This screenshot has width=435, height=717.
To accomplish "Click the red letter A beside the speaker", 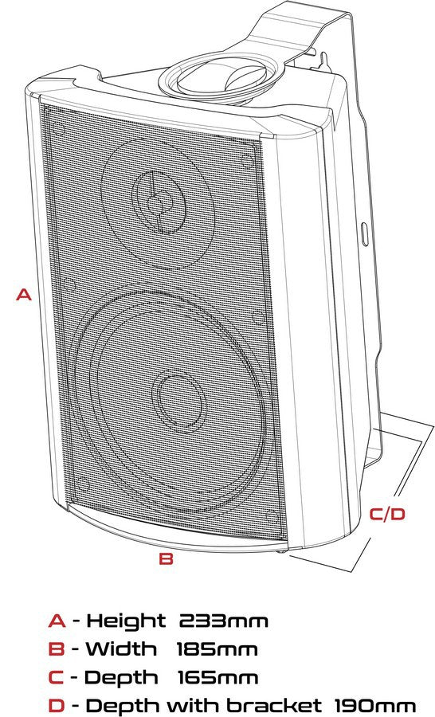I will [24, 295].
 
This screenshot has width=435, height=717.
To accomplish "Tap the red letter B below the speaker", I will [166, 558].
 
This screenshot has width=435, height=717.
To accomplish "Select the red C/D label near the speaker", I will [388, 514].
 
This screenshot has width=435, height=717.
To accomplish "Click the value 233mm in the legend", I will [224, 621].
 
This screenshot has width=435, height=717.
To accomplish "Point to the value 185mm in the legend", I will [217, 649].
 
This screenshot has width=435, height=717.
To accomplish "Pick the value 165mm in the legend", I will [218, 678].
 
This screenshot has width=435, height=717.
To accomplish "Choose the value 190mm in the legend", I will [375, 705].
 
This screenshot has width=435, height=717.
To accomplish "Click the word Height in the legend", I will [126, 621].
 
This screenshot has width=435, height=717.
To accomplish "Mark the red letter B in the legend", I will [56, 649].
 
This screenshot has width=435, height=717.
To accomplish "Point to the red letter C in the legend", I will [56, 678].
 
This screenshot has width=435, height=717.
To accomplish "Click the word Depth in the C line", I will [121, 678].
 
